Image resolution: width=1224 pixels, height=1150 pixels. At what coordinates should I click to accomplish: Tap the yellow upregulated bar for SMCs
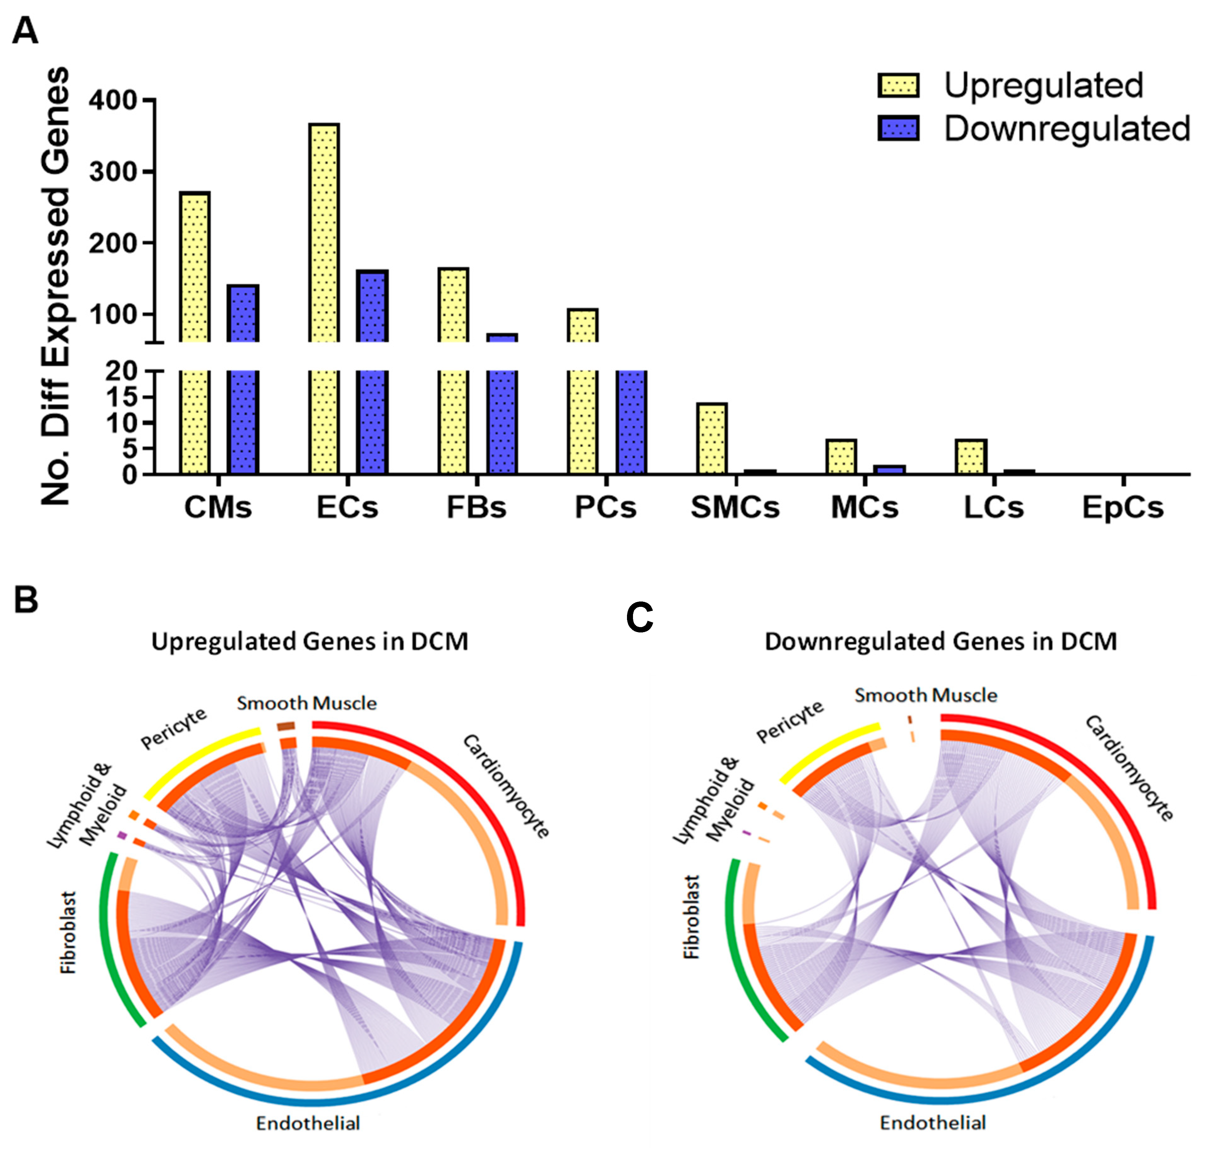[713, 438]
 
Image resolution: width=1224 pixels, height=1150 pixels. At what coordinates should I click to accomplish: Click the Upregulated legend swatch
[898, 86]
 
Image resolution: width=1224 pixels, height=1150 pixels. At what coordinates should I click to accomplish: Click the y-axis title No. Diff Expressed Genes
[56, 286]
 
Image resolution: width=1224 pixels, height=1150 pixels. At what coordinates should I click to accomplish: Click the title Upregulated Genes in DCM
[310, 642]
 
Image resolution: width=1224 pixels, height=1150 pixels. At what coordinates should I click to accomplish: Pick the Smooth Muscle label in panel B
[307, 703]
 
